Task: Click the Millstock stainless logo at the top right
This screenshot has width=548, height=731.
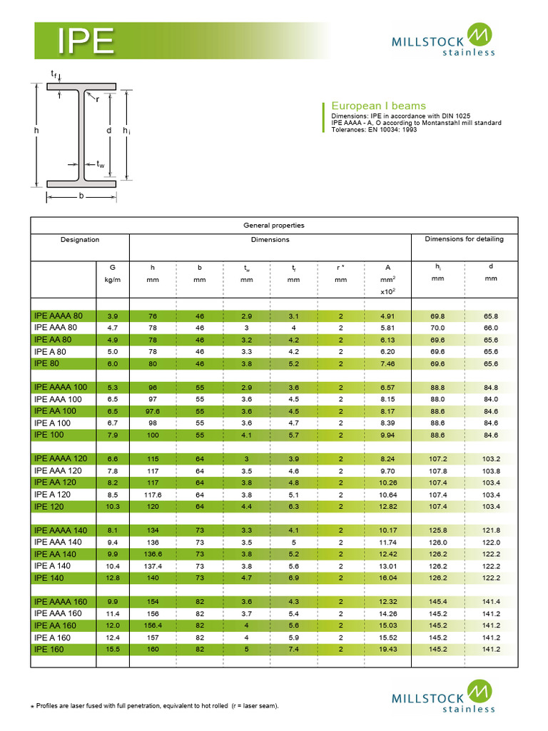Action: coord(442,40)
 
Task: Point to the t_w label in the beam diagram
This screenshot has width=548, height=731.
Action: coord(101,164)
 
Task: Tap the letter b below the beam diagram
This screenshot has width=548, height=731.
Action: coord(81,195)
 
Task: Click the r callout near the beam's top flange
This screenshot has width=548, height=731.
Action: coord(97,99)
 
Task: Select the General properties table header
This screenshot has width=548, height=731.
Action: coord(274,225)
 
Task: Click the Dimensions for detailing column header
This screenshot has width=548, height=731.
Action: coord(464,239)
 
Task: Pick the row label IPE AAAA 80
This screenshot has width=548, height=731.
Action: coord(59,316)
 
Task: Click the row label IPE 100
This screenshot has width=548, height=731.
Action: coord(49,435)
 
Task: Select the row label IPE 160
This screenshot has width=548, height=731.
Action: coord(49,649)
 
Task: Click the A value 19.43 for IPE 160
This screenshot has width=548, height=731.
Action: coord(387,650)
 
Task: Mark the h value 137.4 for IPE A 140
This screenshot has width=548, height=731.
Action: coord(152,566)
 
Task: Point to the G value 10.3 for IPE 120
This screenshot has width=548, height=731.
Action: coord(113,507)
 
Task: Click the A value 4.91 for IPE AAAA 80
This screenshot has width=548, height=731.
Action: coord(387,316)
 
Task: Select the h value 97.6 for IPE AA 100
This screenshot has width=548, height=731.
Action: coord(152,411)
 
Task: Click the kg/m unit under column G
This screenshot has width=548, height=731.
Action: coord(113,280)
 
